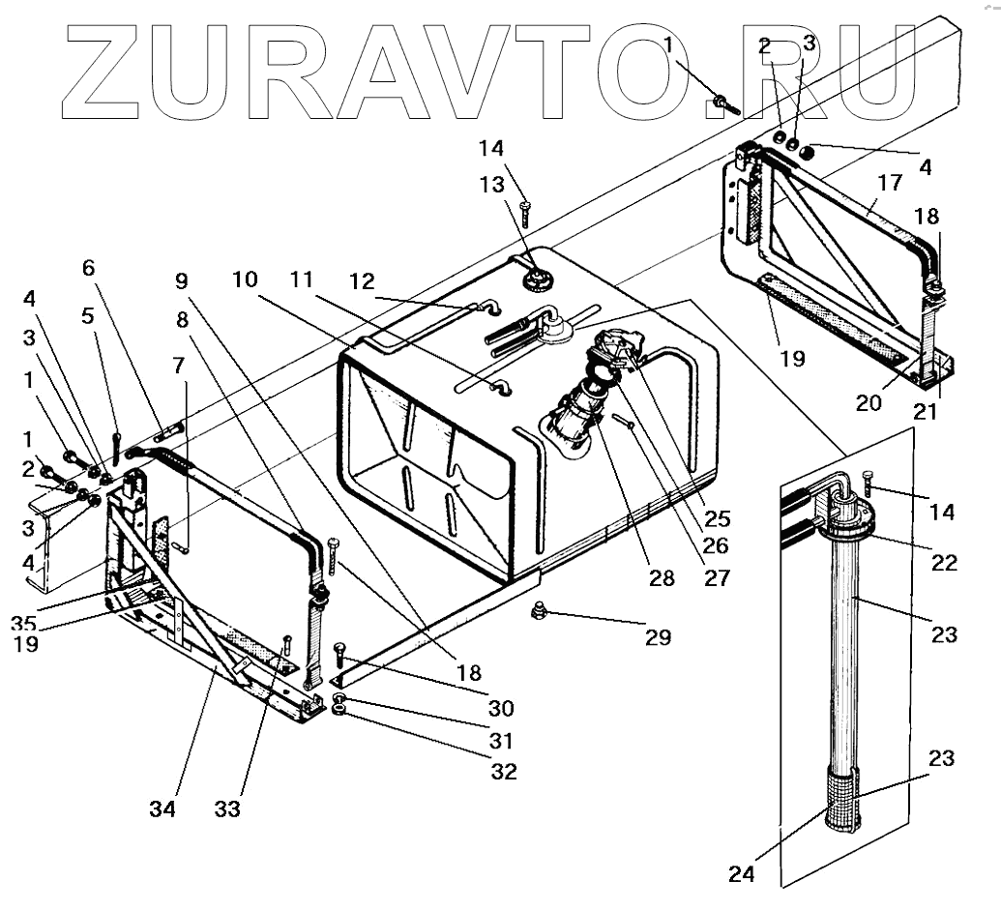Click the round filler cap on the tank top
click(x=535, y=279)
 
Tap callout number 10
click(x=245, y=279)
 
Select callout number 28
click(x=662, y=578)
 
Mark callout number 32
click(x=505, y=772)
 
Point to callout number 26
click(x=715, y=545)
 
